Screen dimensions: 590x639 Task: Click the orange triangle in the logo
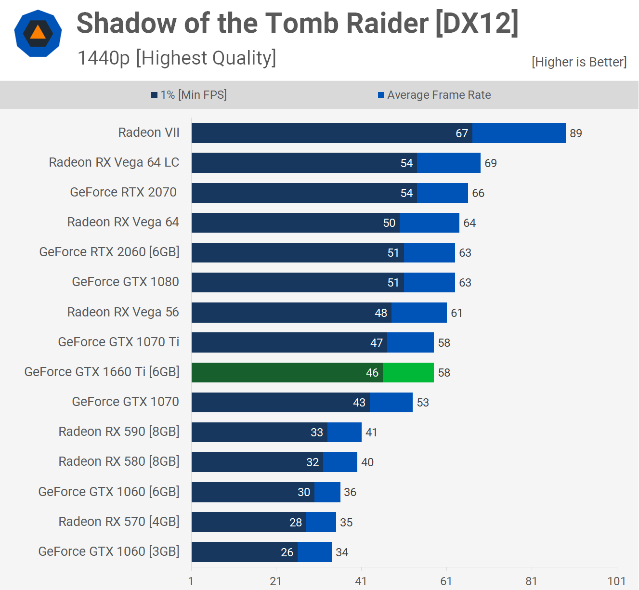point(38,33)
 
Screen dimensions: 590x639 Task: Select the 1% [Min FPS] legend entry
point(189,95)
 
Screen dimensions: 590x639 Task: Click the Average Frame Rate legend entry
point(434,95)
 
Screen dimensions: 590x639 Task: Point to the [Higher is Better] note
point(579,62)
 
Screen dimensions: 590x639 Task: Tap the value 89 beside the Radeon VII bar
point(575,133)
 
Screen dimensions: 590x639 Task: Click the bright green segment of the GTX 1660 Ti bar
point(408,372)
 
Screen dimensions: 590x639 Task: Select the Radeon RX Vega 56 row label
point(123,312)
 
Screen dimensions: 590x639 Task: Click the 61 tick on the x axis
point(446,581)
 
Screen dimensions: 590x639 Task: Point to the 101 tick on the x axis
point(616,581)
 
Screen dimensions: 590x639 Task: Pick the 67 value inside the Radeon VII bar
point(462,133)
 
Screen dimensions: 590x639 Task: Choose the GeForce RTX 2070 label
point(123,192)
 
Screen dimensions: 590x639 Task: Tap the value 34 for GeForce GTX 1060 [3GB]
point(342,552)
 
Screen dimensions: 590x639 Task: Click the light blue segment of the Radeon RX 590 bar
point(344,432)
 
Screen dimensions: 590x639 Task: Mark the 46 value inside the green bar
point(372,373)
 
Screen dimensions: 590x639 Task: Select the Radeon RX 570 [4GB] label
point(119,522)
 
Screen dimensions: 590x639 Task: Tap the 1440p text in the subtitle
point(104,58)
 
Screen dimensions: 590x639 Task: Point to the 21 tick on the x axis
point(275,581)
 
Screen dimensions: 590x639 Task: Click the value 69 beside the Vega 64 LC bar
point(491,163)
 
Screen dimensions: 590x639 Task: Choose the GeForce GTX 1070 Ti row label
point(118,342)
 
